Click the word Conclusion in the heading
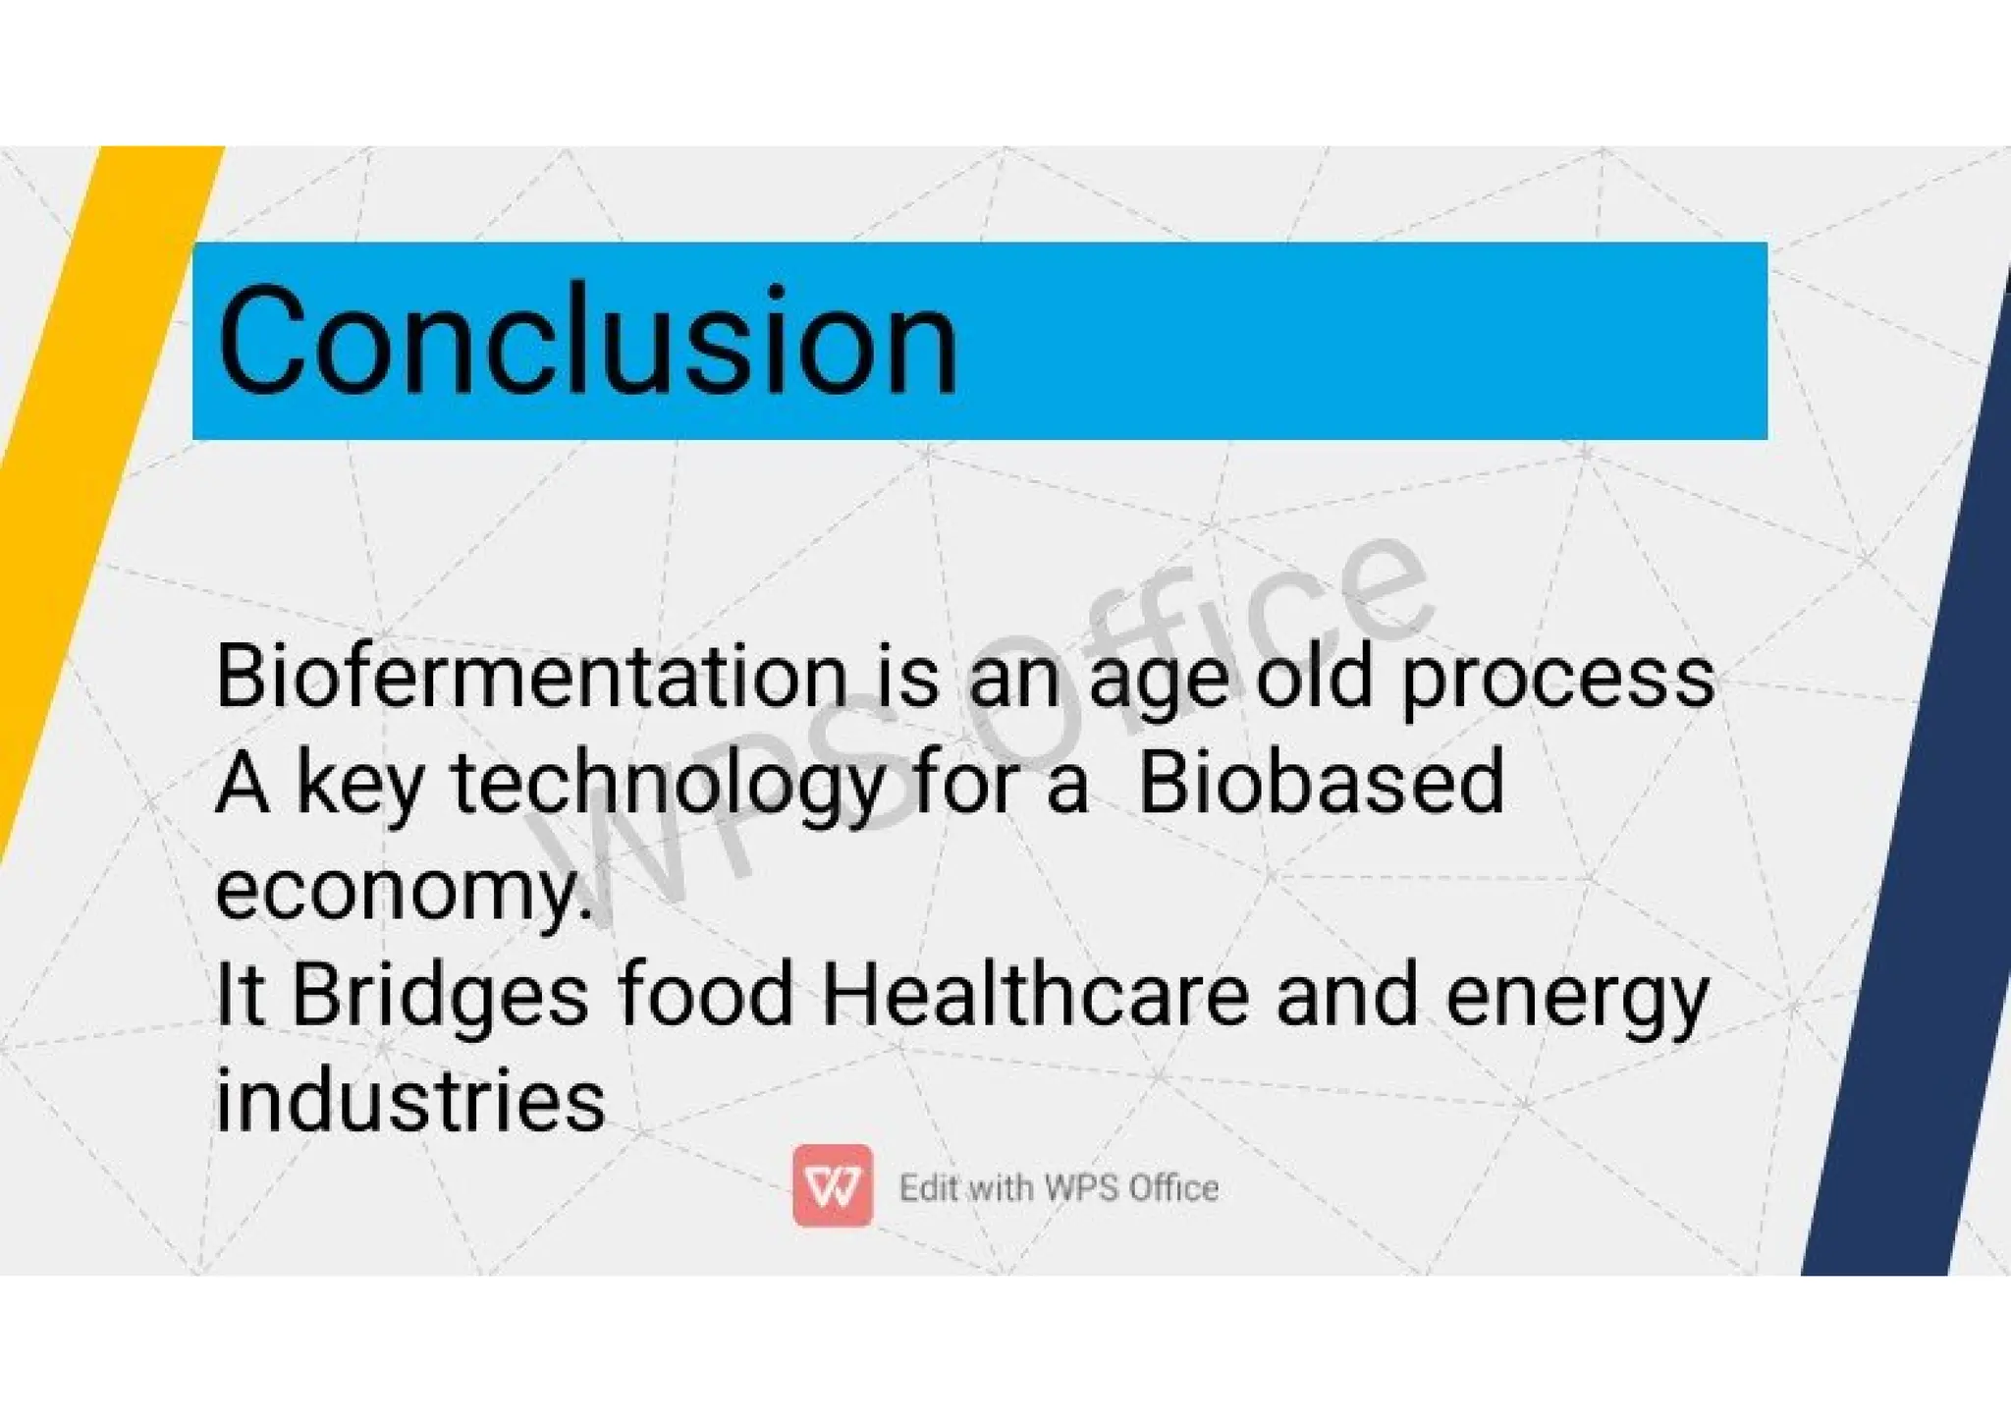[587, 340]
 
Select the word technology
[668, 786]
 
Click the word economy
[403, 892]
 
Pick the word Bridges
[440, 996]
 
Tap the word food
[706, 996]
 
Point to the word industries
[409, 1100]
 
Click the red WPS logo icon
[833, 1185]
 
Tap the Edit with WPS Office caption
[1059, 1187]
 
